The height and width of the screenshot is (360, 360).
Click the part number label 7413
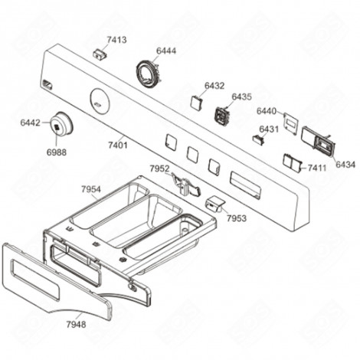pyautogui.click(x=116, y=39)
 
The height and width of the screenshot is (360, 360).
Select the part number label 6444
pyautogui.click(x=165, y=51)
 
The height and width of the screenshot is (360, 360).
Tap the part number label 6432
pyautogui.click(x=214, y=87)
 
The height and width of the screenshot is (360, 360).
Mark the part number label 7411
pyautogui.click(x=317, y=166)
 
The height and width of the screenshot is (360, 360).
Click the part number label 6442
pyautogui.click(x=31, y=123)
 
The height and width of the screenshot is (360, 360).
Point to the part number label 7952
pyautogui.click(x=159, y=169)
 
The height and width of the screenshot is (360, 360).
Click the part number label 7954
pyautogui.click(x=90, y=188)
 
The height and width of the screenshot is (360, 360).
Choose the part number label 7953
pyautogui.click(x=237, y=218)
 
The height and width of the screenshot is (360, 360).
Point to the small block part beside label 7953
pyautogui.click(x=214, y=204)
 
